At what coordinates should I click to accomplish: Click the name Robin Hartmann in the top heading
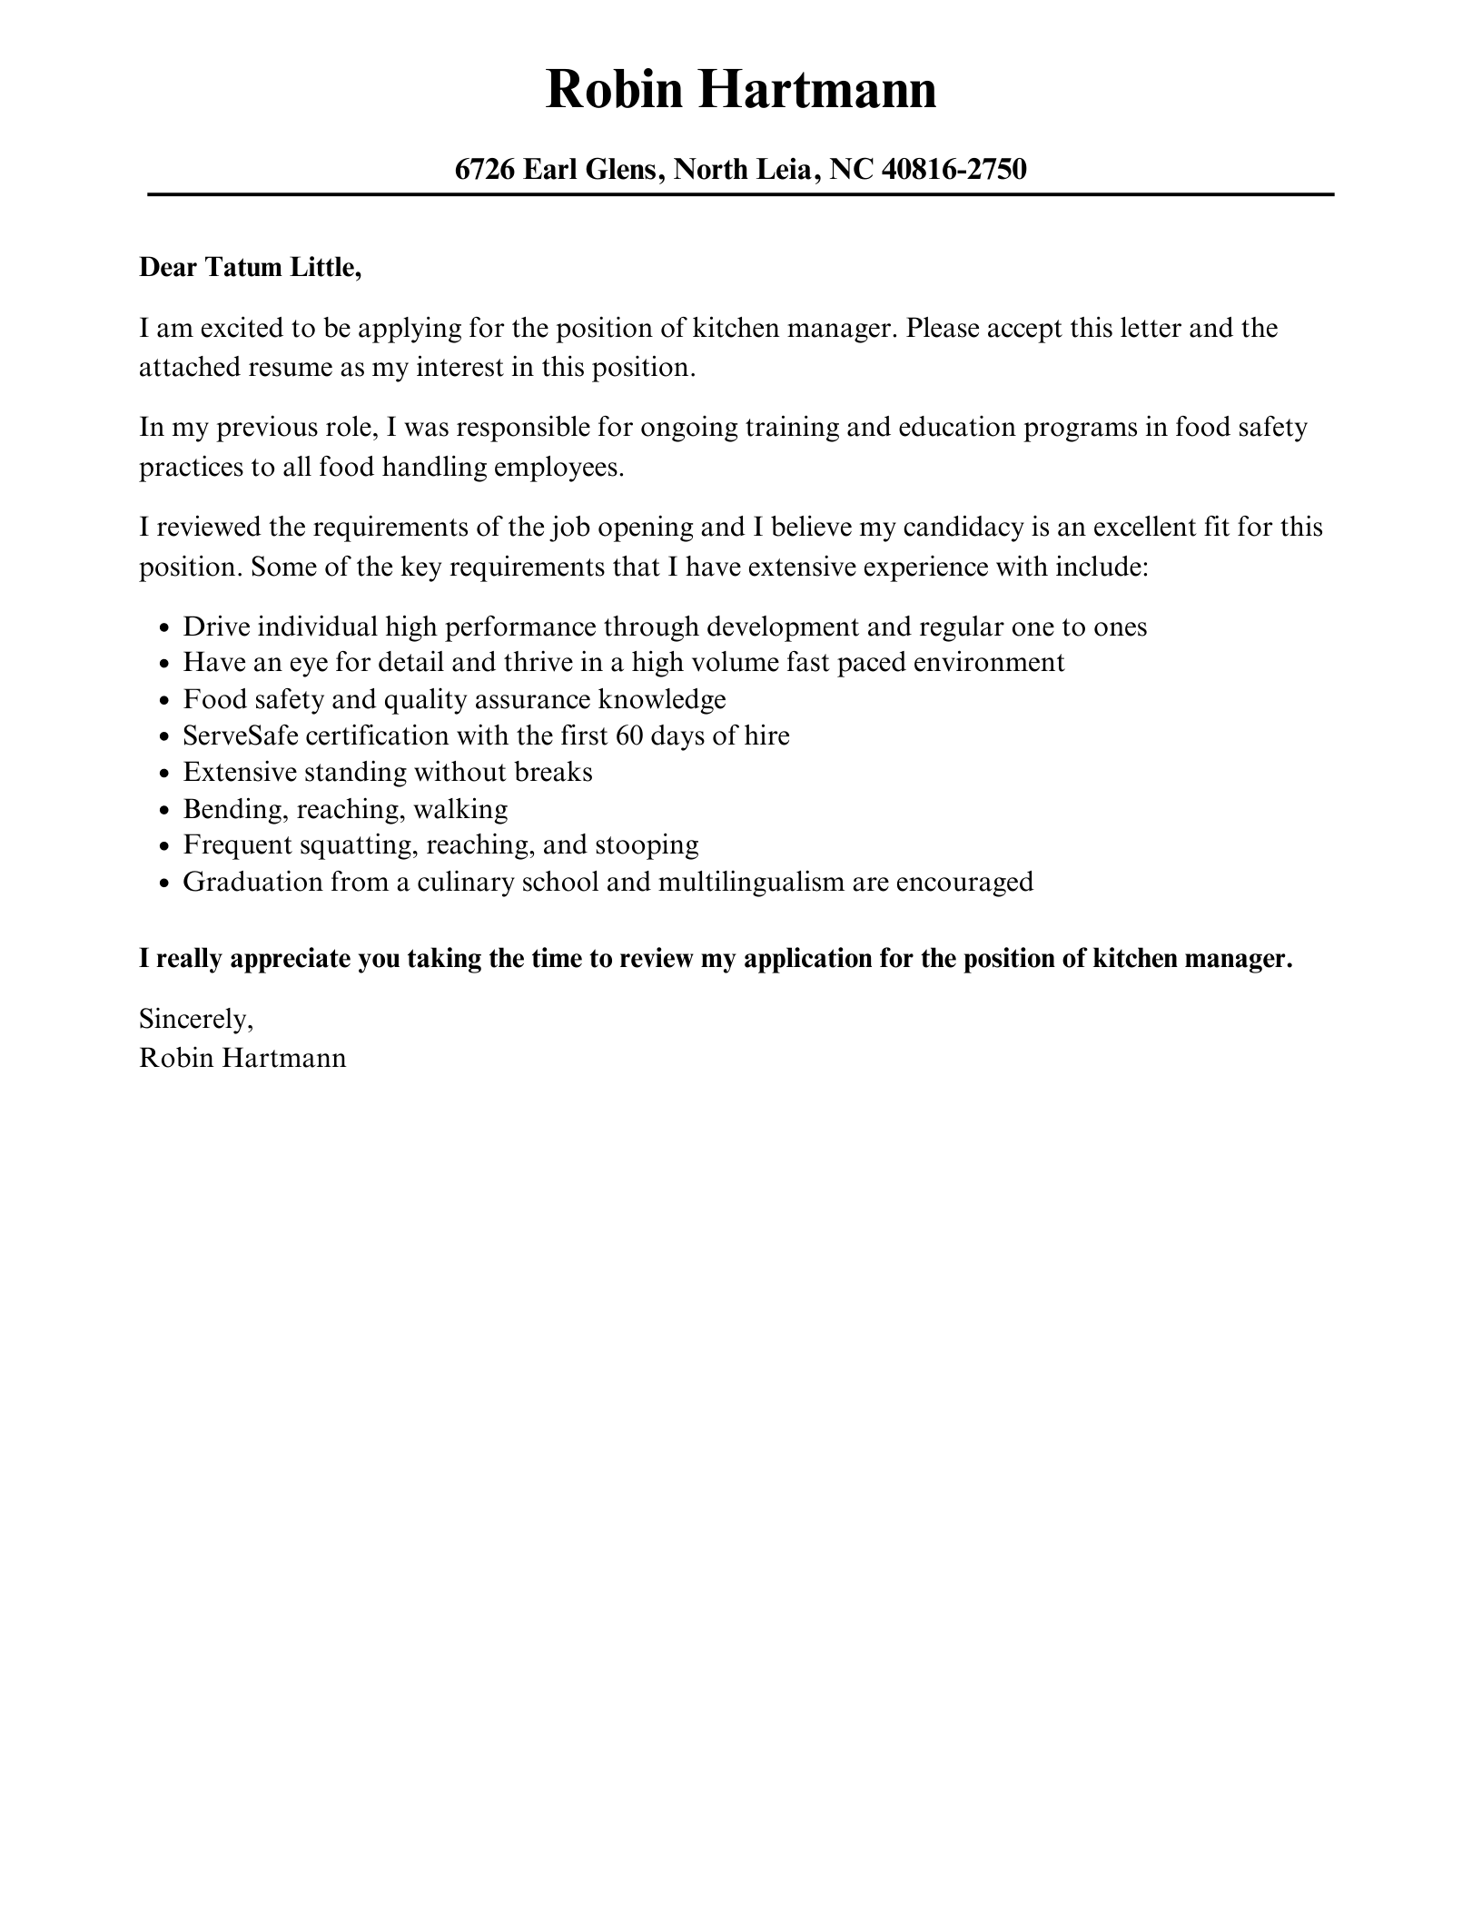pyautogui.click(x=740, y=91)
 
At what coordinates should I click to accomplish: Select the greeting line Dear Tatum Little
pyautogui.click(x=250, y=268)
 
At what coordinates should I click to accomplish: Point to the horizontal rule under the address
pyautogui.click(x=740, y=194)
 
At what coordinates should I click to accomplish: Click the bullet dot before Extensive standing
pyautogui.click(x=163, y=774)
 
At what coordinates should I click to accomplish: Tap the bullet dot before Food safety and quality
pyautogui.click(x=163, y=701)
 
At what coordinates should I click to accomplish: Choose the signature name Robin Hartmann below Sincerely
pyautogui.click(x=242, y=1058)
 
